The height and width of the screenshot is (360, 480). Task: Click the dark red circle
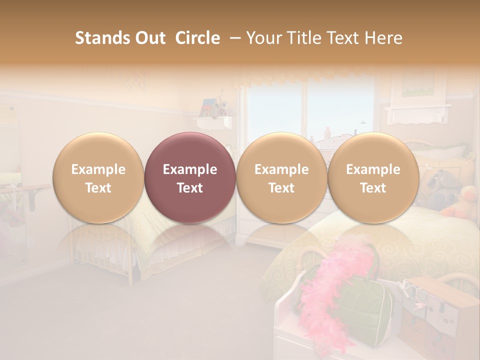point(189,177)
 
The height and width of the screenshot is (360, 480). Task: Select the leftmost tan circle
point(98,177)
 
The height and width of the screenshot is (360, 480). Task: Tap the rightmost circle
point(373,177)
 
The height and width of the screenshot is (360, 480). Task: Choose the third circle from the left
point(281,177)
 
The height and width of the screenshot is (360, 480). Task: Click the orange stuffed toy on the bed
point(463,202)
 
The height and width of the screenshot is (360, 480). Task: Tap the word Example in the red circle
point(189,169)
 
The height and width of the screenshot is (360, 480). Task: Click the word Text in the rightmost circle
point(373,188)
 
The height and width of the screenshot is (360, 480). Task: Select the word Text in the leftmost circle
point(98,188)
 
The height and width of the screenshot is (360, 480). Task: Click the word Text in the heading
point(349,38)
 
